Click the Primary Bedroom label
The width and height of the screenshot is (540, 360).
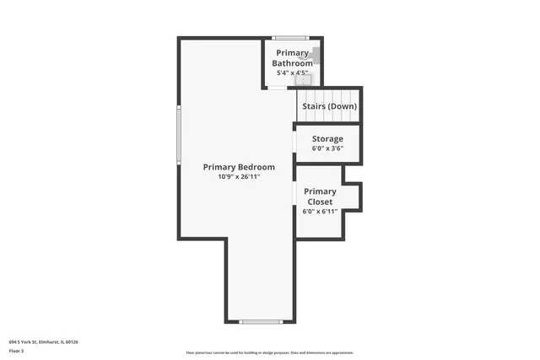pos(239,167)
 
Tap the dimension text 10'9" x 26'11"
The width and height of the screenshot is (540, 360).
pos(239,177)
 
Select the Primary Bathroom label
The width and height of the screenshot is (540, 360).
pos(291,58)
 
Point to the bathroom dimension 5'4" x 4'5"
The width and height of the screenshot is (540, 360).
pos(292,73)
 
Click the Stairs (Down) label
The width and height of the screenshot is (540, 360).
pos(329,106)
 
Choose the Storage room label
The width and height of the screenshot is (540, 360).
pos(327,138)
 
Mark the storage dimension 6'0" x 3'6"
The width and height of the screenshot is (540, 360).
pos(327,148)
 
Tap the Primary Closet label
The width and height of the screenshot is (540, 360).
pos(320,196)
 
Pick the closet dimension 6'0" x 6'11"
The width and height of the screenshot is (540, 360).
pos(320,211)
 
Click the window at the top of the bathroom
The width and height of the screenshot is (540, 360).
pos(290,37)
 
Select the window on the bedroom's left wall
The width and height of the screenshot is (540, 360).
pos(178,134)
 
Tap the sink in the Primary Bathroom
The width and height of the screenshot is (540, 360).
pos(307,79)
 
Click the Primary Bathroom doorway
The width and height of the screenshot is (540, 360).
pos(278,88)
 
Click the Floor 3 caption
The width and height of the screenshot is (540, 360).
pos(16,352)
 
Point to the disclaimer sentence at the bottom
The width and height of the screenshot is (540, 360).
pos(270,352)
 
